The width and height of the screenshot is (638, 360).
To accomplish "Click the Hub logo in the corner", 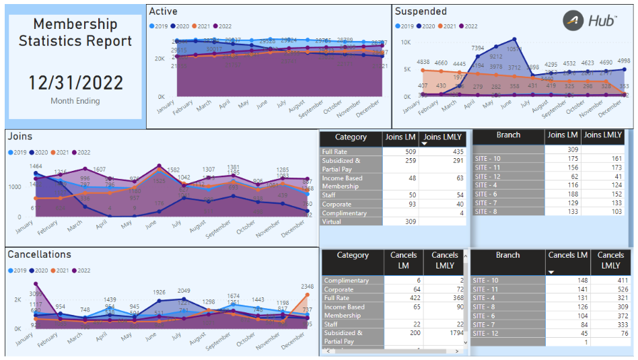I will (x=590, y=21).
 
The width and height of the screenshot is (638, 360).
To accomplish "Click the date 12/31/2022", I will (x=75, y=83).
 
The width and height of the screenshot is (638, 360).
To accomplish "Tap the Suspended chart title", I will (x=421, y=11).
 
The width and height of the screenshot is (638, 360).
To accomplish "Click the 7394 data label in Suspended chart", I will (x=478, y=48).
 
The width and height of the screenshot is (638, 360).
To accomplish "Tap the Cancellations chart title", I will (x=39, y=254).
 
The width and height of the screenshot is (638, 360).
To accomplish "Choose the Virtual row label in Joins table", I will (x=332, y=221).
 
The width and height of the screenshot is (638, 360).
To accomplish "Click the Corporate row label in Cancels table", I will (x=339, y=289).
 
